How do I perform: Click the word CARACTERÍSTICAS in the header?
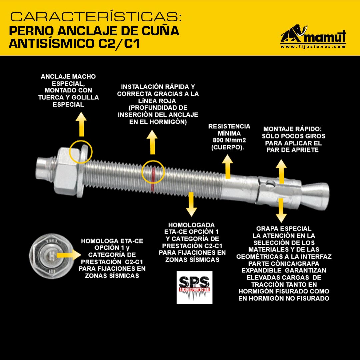96,17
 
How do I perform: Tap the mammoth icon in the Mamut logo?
294,34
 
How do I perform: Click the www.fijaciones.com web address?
313,47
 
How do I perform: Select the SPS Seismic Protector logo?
194,287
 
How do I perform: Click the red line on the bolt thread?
153,179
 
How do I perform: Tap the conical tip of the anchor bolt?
315,196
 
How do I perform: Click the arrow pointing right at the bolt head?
69,255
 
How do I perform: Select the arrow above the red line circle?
152,142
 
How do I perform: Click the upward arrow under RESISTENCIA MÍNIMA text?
228,166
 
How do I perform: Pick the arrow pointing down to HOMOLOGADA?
191,204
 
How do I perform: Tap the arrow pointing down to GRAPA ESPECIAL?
281,210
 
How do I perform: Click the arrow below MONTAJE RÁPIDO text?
281,171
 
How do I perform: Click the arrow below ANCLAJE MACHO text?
81,124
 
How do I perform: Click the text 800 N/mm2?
229,140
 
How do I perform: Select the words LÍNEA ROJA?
157,101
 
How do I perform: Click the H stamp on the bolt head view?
52,255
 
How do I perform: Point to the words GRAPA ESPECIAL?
284,229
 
